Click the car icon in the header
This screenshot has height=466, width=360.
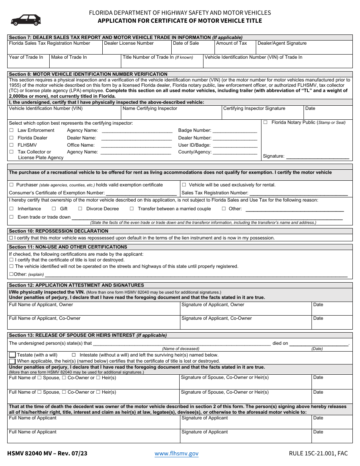26,19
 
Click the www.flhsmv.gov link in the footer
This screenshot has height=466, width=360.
176,453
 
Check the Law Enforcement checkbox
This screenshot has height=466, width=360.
11,130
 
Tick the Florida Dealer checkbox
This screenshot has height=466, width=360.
11,138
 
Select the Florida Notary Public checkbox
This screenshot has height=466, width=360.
265,122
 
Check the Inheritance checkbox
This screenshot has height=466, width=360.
11,209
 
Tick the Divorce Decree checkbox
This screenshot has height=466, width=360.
80,209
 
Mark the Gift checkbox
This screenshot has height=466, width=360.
54,209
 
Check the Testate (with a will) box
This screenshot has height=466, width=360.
12,355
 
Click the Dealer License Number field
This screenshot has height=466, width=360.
136,49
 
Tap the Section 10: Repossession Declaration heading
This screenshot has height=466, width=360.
59,231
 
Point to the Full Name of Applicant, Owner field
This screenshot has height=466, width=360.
93,310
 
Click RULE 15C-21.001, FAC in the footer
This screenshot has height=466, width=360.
318,453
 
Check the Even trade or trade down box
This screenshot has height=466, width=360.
11,217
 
